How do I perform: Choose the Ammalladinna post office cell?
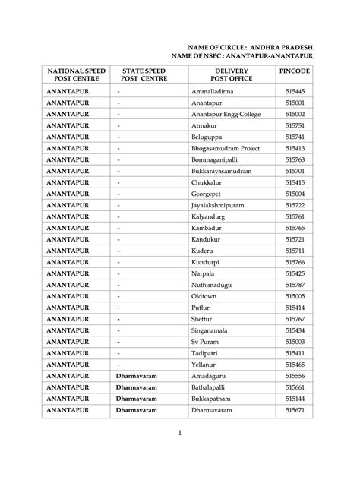pos(213,91)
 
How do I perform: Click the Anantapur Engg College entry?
pos(226,114)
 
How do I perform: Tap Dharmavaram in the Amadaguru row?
pos(137,377)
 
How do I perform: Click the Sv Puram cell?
pos(204,343)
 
